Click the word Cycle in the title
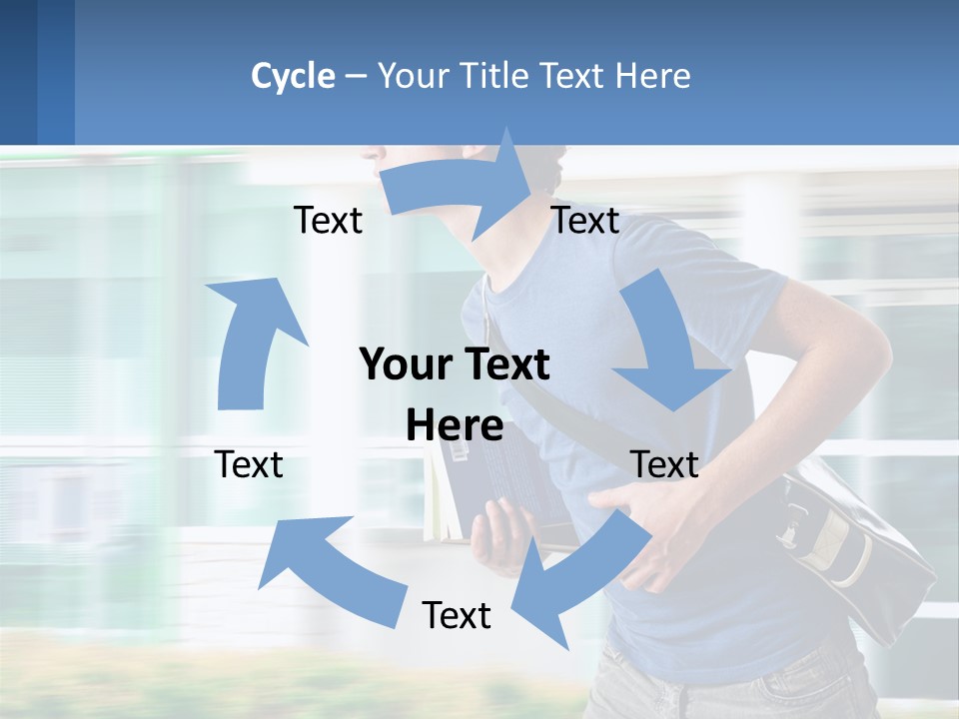coord(293,76)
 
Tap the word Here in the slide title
coord(652,76)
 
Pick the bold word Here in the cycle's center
coord(455,425)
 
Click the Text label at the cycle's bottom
coord(457,615)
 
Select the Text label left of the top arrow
coord(328,221)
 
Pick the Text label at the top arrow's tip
coord(585,221)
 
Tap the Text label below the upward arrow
coord(249,464)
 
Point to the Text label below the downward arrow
coord(664,464)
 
